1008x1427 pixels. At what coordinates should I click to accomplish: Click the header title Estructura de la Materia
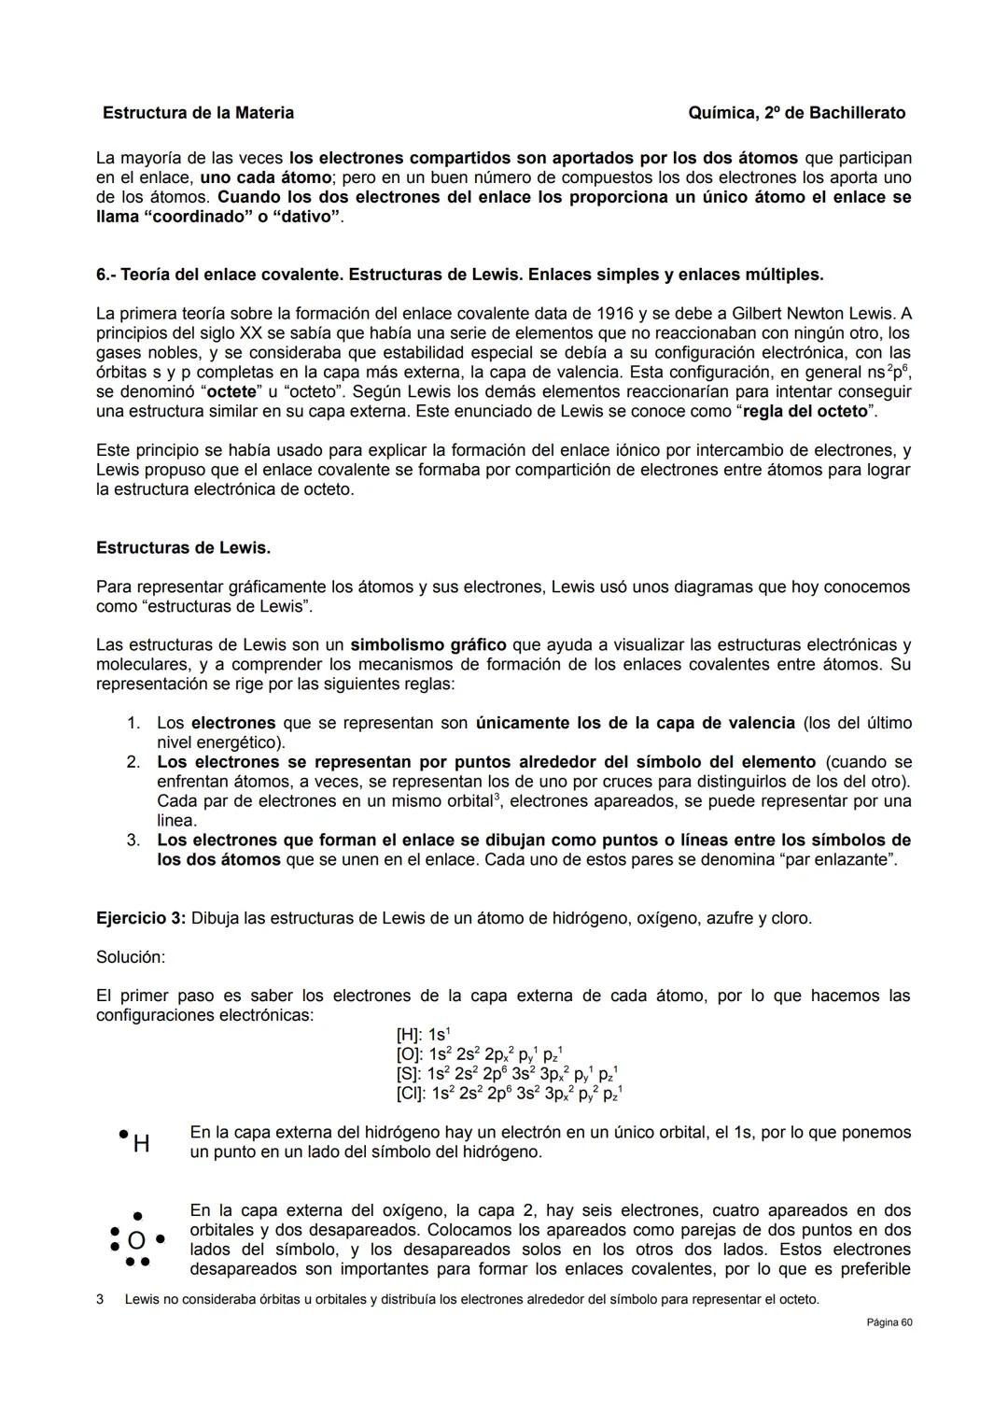click(x=198, y=113)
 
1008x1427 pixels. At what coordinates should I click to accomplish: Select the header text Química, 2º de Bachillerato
click(x=796, y=113)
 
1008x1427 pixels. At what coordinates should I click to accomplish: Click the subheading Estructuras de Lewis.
click(x=183, y=547)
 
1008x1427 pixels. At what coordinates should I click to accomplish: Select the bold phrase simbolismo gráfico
click(x=428, y=645)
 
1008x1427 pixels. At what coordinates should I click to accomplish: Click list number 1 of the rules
click(x=133, y=724)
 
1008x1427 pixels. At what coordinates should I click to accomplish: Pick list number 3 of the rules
click(x=133, y=841)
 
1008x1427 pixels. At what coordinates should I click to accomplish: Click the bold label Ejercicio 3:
click(x=141, y=918)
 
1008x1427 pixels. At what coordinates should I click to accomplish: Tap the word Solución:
click(x=131, y=957)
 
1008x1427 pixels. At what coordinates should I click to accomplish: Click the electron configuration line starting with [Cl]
click(x=509, y=1093)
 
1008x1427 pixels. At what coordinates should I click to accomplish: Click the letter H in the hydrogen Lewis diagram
click(x=142, y=1143)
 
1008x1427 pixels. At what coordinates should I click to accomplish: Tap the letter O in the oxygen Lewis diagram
click(x=136, y=1240)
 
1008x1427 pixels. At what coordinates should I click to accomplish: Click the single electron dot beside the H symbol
click(x=123, y=1134)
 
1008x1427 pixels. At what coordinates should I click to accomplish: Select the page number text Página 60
click(x=889, y=1322)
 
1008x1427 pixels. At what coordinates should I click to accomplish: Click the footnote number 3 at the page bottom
click(x=100, y=1300)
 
